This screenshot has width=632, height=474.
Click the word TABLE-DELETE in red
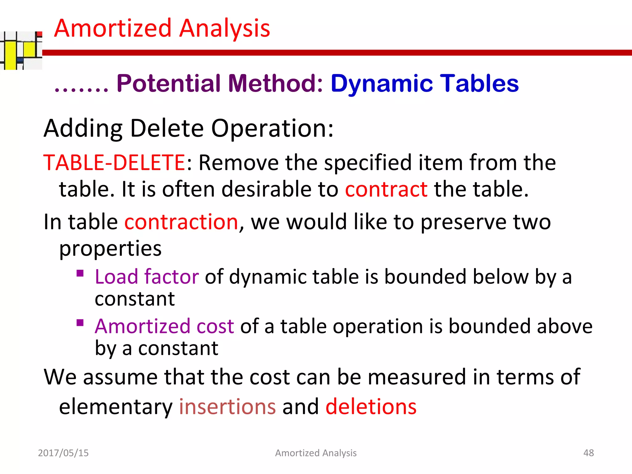[114, 163]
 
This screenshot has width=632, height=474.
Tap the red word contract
[386, 189]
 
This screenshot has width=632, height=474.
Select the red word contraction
[181, 222]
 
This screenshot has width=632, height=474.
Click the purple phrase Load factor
[147, 276]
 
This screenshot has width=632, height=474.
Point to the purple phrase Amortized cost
[164, 326]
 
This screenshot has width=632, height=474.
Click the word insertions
[227, 406]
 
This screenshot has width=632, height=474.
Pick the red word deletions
[371, 406]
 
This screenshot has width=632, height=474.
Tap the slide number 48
[588, 453]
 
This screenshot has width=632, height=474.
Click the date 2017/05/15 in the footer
[63, 453]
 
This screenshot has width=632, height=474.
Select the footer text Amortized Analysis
[316, 453]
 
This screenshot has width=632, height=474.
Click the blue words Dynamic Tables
[425, 83]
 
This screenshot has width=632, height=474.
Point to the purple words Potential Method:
[220, 83]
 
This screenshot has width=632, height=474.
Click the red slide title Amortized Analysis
[162, 28]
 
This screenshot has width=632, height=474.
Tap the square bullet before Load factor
[80, 273]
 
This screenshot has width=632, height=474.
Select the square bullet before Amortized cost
[80, 323]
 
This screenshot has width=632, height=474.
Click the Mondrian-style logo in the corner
[21, 50]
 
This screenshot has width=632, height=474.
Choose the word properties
[110, 248]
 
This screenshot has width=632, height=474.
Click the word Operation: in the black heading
[272, 128]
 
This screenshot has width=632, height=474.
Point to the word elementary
[116, 406]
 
